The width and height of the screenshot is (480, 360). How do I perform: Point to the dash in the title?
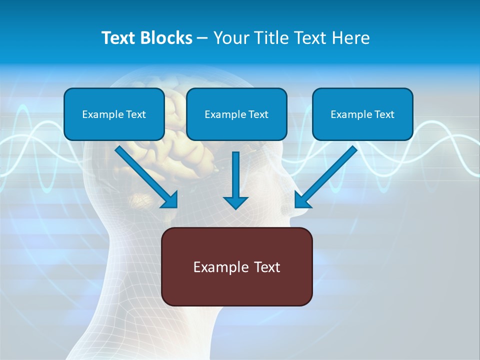202,38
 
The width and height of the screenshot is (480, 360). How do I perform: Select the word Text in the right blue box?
384,114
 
